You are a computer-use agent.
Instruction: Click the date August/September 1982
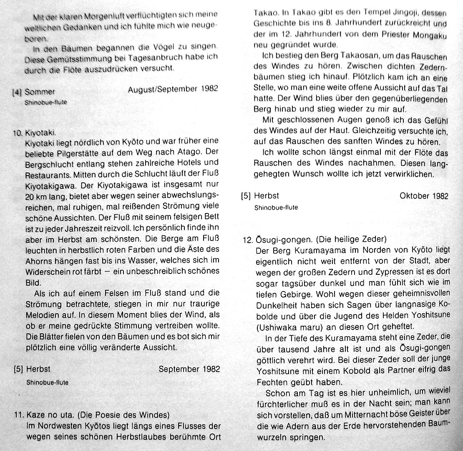(173, 89)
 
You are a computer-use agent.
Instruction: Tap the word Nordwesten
(54, 426)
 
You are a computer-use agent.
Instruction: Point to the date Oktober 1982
(424, 196)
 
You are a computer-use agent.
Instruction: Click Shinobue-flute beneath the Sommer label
(46, 102)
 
